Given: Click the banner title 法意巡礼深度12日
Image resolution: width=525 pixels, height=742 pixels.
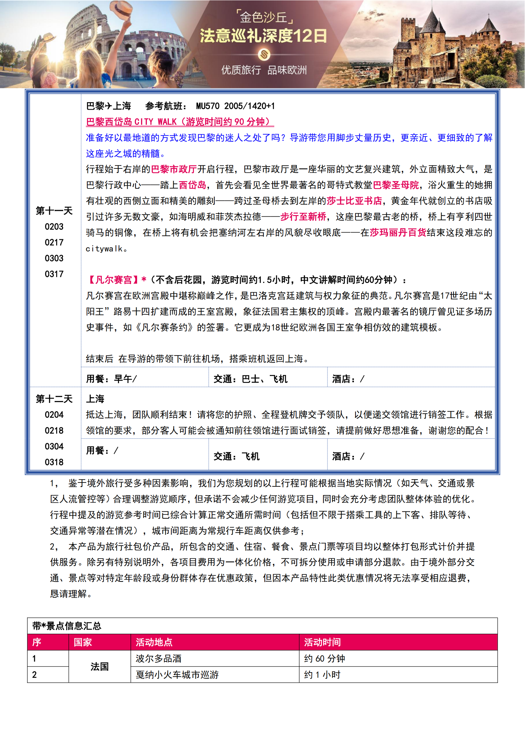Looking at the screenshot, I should click(263, 36).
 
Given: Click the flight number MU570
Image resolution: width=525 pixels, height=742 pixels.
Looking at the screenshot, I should click(208, 106).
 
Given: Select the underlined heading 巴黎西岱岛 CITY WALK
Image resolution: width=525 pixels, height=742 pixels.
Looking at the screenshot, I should click(179, 122).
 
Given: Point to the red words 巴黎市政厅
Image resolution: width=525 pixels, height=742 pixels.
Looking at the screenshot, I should click(174, 169).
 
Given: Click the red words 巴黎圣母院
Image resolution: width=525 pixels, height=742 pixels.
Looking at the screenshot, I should click(396, 185).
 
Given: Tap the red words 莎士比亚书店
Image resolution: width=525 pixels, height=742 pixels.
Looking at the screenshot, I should click(354, 201).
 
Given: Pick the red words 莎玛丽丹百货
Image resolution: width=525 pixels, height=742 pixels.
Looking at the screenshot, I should click(398, 232).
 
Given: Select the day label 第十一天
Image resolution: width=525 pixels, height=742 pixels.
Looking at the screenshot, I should click(54, 211).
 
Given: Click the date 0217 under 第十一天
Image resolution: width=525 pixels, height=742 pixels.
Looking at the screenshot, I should click(54, 242).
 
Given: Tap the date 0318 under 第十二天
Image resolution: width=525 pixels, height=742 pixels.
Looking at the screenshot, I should click(54, 462).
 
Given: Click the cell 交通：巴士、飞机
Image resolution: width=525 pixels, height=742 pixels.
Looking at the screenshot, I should click(250, 379).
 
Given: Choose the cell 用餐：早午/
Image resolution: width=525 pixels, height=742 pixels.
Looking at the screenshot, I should click(111, 379).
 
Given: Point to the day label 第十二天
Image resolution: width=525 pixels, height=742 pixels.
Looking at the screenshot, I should click(54, 399).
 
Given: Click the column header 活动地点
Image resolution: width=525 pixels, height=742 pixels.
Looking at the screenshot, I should click(154, 642).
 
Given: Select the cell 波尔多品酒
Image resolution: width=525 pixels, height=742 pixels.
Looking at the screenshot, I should click(158, 659).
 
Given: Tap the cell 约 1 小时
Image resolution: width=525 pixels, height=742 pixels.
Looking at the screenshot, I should click(322, 675).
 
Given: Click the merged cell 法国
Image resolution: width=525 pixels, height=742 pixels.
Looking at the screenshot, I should click(100, 666).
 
